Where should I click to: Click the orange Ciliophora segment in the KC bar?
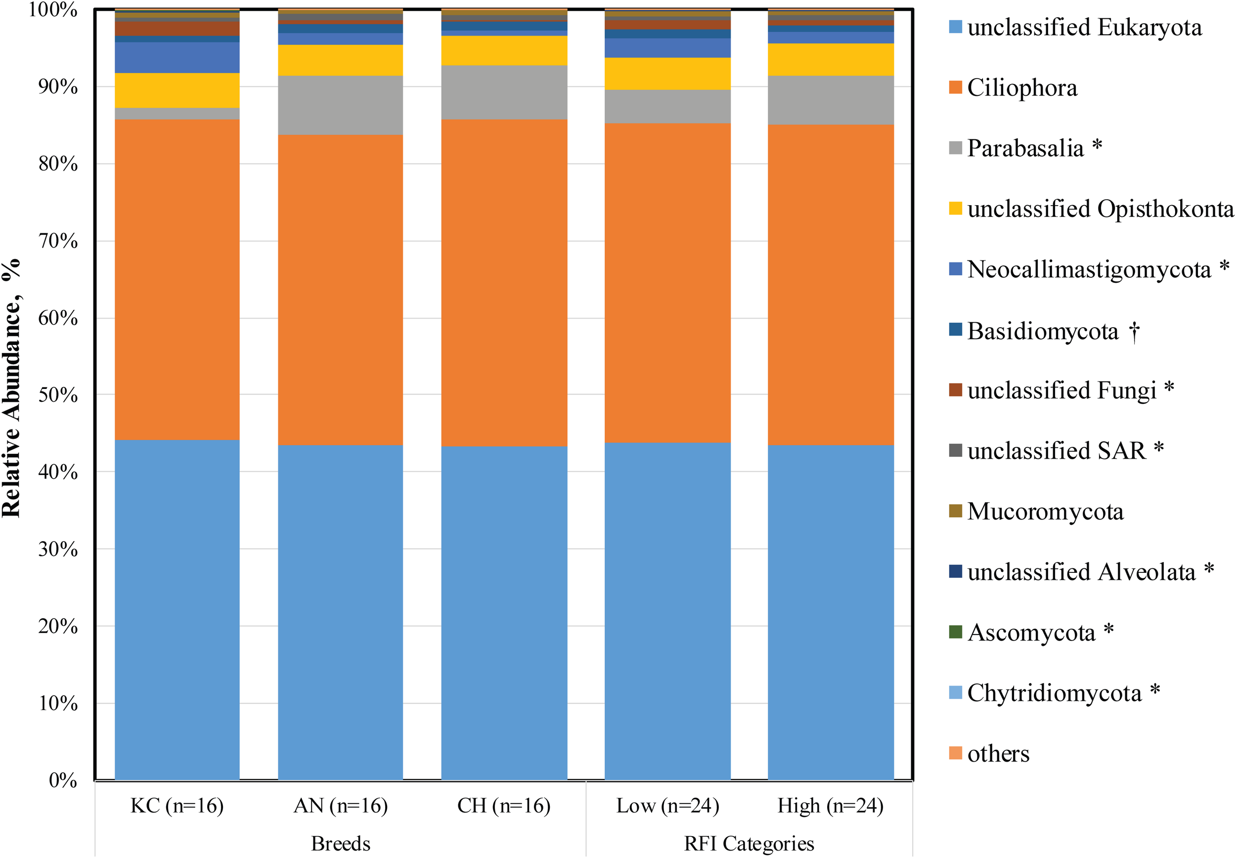tap(177, 280)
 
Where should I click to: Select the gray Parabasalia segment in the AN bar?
tap(340, 105)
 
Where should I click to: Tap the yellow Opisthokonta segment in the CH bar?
tap(504, 50)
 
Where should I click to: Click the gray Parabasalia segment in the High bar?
tap(830, 100)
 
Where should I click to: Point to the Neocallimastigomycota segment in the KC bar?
tap(177, 57)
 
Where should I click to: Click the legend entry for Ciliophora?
tap(1021, 87)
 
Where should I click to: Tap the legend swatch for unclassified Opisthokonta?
tap(955, 209)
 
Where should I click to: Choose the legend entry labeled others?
tap(998, 754)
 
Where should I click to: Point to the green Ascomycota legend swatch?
tap(955, 632)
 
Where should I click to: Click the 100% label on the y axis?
tap(53, 10)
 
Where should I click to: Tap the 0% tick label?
tap(63, 780)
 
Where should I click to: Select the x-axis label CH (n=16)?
tap(504, 806)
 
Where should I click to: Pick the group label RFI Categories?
tap(749, 844)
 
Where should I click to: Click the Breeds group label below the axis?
tap(340, 844)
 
